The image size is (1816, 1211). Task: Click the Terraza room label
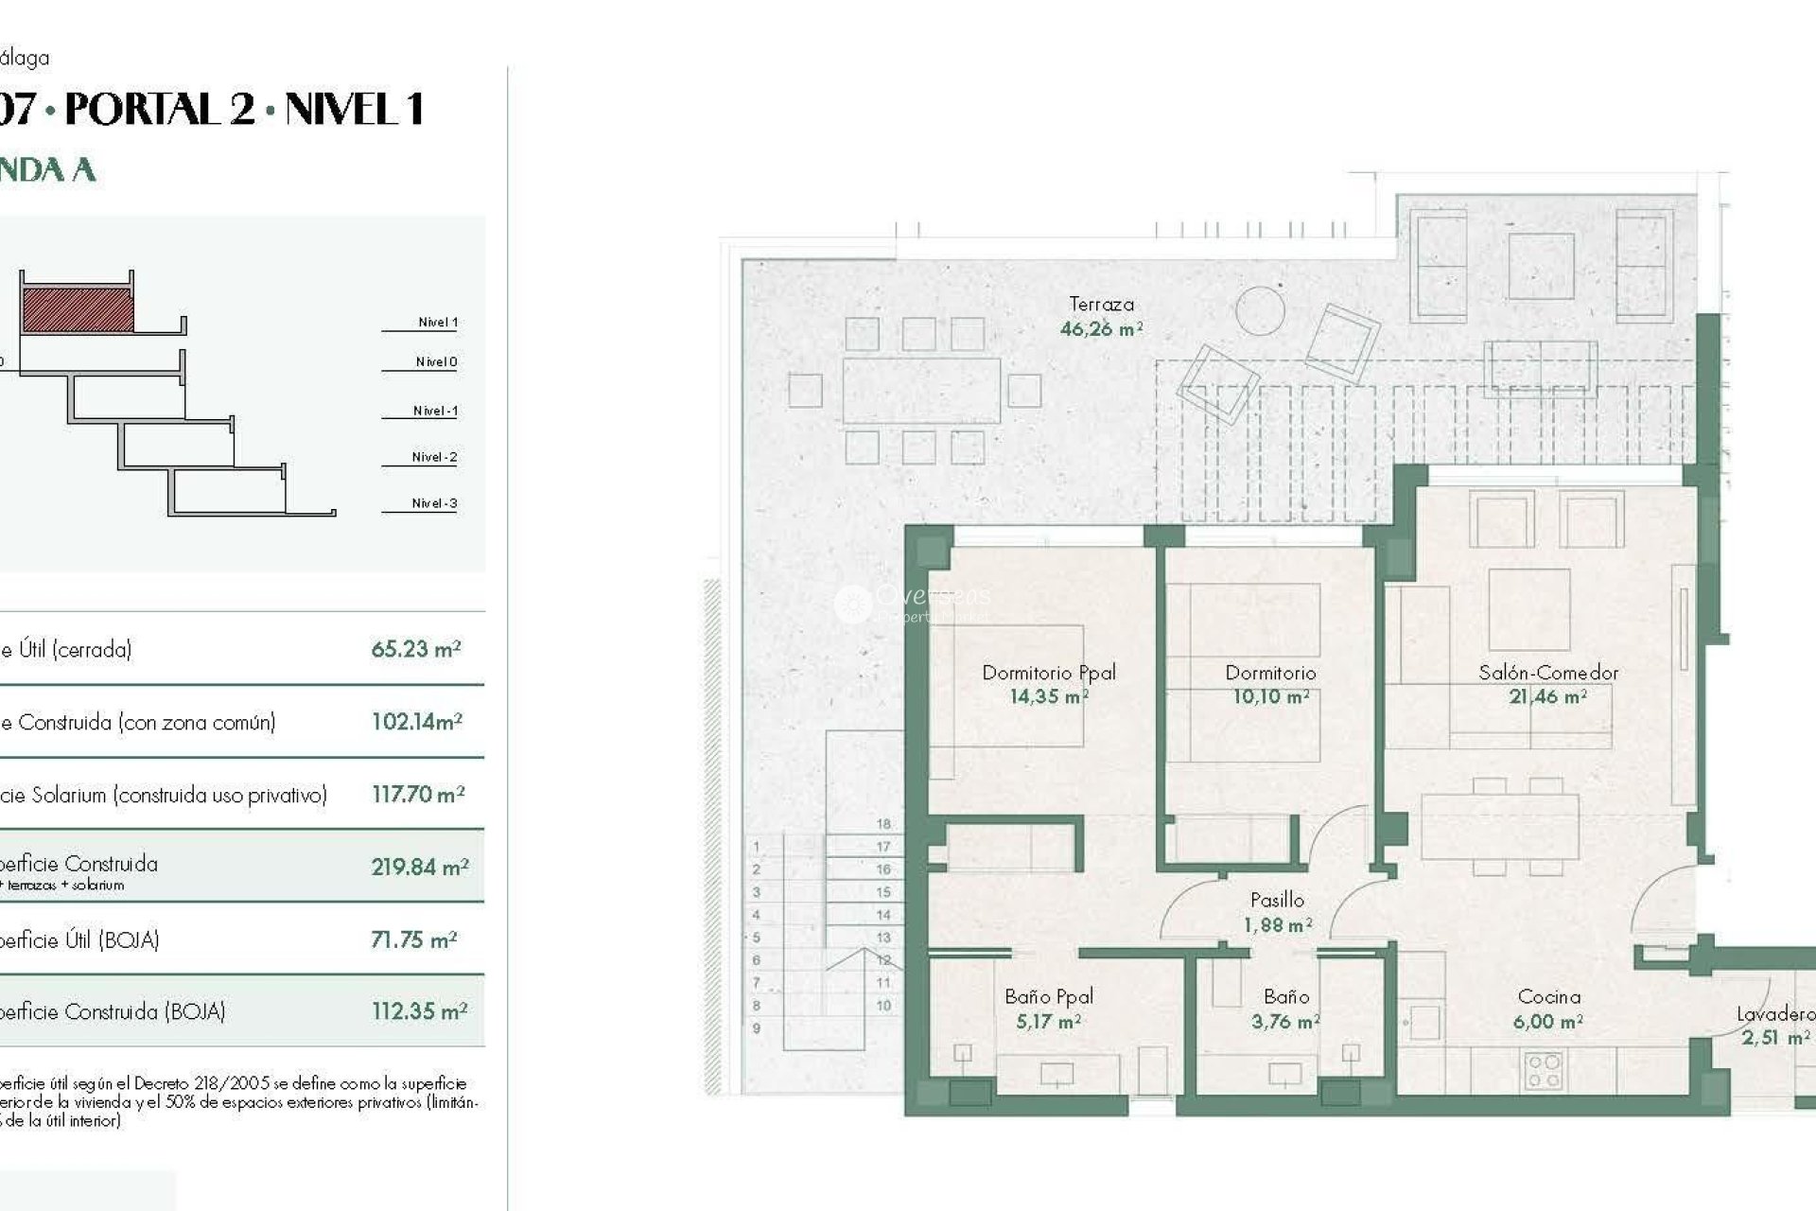pos(1101,305)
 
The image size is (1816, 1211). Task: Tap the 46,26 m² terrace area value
pos(1101,329)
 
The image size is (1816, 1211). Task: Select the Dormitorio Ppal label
pos(1048,673)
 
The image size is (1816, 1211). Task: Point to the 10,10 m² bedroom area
pos(1270,697)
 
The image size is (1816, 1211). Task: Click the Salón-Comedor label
pos(1548,673)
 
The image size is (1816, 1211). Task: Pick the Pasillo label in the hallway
pos(1277,900)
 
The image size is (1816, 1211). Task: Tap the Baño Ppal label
pos(1049,996)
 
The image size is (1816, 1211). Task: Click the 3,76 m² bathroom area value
pos(1284,1022)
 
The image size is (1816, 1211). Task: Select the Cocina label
pos(1548,996)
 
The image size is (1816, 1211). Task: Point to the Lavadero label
pos(1774,1014)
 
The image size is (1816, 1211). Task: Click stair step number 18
pos(883,824)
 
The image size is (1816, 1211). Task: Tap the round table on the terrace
pos(1260,310)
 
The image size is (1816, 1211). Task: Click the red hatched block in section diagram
pos(78,310)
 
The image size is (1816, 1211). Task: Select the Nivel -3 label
pos(434,503)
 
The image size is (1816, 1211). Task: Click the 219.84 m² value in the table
pos(419,867)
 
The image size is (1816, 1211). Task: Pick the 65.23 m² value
pos(415,649)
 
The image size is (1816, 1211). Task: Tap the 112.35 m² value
pos(419,1011)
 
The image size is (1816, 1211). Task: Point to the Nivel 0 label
pos(436,361)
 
